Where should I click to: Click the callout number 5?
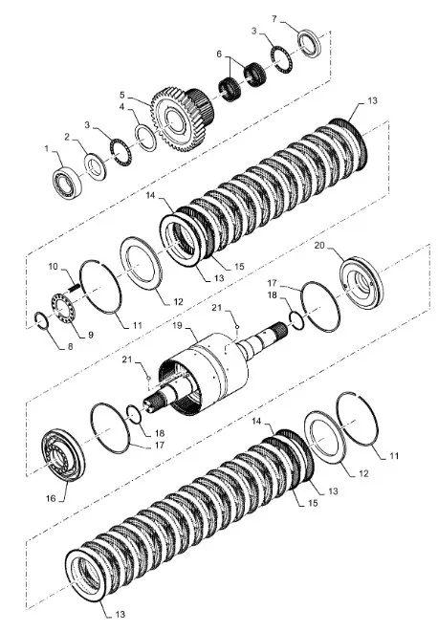122,95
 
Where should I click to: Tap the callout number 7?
274,19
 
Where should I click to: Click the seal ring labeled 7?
310,43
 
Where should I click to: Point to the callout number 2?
67,137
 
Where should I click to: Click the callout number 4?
121,106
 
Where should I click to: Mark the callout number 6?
219,54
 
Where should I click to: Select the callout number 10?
54,267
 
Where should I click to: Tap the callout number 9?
90,335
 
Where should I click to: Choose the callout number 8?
70,346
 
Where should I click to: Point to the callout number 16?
51,498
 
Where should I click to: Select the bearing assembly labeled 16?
63,455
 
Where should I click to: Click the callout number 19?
178,325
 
